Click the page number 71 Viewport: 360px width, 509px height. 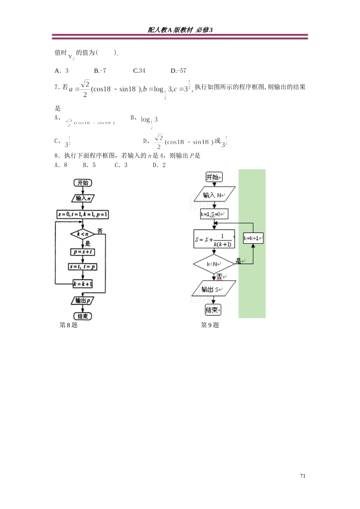pos(302,476)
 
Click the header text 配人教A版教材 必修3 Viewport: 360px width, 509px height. pos(180,30)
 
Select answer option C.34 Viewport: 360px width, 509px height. pos(139,71)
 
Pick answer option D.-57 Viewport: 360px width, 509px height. pos(178,71)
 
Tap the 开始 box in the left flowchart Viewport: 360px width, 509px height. pos(83,183)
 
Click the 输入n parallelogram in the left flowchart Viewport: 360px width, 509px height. pos(83,198)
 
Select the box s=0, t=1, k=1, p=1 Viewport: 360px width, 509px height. pos(83,214)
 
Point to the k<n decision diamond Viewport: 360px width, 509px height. pos(83,234)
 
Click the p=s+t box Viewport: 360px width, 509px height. pos(83,252)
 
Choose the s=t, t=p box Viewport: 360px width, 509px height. pos(83,267)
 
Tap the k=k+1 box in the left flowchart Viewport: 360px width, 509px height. pos(83,284)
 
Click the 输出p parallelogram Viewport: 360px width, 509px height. pos(83,301)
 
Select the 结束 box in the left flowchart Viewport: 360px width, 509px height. pos(83,316)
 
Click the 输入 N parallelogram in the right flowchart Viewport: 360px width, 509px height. pos(214,195)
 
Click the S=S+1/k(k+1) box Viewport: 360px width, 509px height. pos(214,239)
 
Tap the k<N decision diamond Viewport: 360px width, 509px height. pos(214,264)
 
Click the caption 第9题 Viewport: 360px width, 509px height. pos(210,325)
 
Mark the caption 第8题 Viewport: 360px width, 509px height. pos(69,325)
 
